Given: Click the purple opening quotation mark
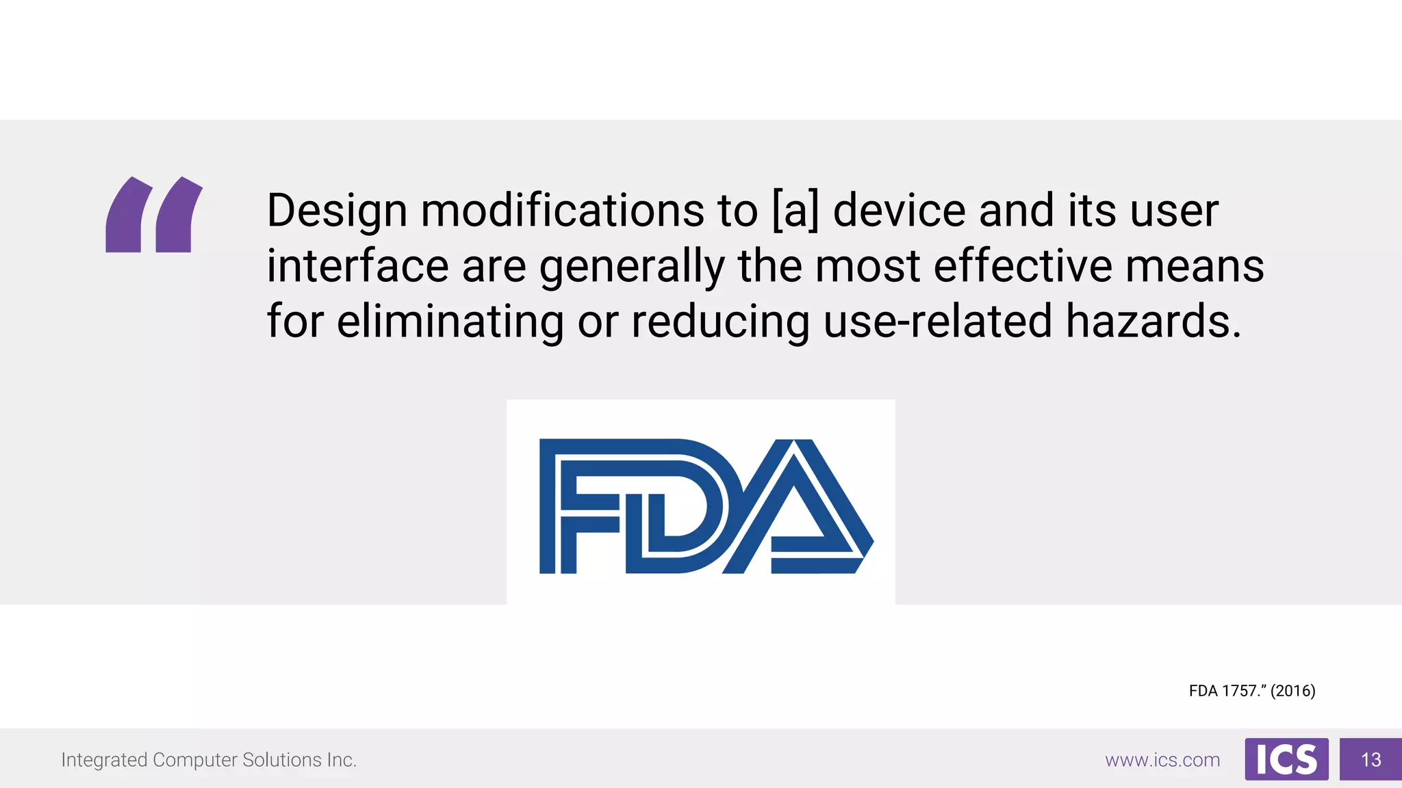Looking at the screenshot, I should (x=153, y=215).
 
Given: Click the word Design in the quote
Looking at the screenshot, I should (x=337, y=211).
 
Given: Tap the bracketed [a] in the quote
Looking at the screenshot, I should (x=795, y=211).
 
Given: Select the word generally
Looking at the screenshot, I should (x=632, y=267).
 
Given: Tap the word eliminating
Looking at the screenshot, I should (x=450, y=321).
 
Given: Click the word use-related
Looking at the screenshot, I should (x=937, y=321).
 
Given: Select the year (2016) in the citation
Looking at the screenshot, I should (x=1292, y=691).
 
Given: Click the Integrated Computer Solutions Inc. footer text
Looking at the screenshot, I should (x=209, y=760).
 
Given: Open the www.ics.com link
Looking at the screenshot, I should (x=1162, y=760).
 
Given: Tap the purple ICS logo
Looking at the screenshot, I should (x=1286, y=759).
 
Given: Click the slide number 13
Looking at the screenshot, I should (x=1371, y=759).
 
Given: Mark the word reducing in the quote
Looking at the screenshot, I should (x=720, y=321).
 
